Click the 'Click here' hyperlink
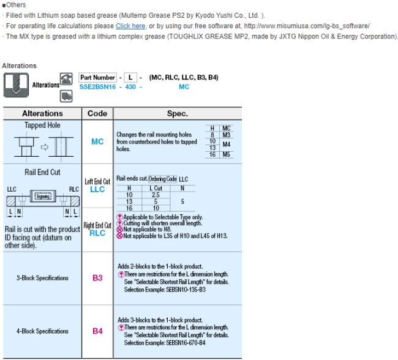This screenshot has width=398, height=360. pos(130,26)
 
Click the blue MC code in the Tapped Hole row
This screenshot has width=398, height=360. pos(97,141)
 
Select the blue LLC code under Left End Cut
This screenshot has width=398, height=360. pos(97,189)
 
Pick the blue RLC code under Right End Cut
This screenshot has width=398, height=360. pos(97,233)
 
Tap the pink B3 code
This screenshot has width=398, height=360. pos(97,278)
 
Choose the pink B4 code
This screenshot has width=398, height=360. pos(97,331)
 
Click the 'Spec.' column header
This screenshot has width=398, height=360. pos(178,113)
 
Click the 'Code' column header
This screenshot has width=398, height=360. pos(97,113)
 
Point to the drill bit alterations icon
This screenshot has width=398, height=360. pos(16,85)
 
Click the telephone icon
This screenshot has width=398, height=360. pos(66,78)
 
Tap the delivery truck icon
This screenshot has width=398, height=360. pos(66,96)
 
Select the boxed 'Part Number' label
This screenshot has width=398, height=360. pos(97,77)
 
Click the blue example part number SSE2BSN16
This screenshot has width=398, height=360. pos(97,87)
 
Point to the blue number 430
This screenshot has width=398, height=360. pos(130,87)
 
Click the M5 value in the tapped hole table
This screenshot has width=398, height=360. pos(227,154)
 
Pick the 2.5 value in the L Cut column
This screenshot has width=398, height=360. pos(156,195)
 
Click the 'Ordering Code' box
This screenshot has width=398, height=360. pos(162,179)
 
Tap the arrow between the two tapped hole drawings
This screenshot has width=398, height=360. pos(45,148)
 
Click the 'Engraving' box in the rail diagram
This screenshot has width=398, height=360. pos(43,197)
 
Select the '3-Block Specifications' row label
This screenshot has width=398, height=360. pos(42,278)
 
